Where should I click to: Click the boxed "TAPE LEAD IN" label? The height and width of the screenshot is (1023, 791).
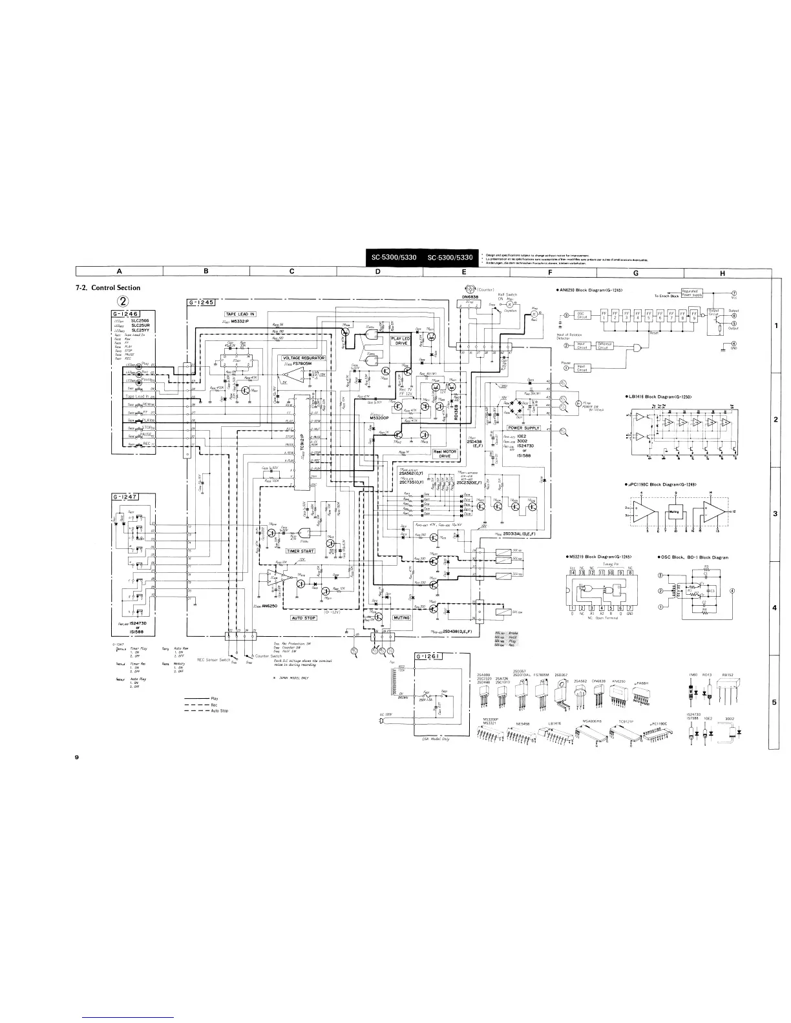[240, 314]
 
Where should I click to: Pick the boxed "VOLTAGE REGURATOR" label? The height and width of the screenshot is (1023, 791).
[303, 357]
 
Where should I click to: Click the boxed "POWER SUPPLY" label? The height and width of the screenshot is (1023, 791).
[523, 428]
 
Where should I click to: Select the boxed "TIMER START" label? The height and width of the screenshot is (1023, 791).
[301, 551]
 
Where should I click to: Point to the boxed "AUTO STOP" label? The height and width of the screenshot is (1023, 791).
[304, 617]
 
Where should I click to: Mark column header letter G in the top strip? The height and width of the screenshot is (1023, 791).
[636, 272]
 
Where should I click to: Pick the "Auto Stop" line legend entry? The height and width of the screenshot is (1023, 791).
[220, 710]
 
